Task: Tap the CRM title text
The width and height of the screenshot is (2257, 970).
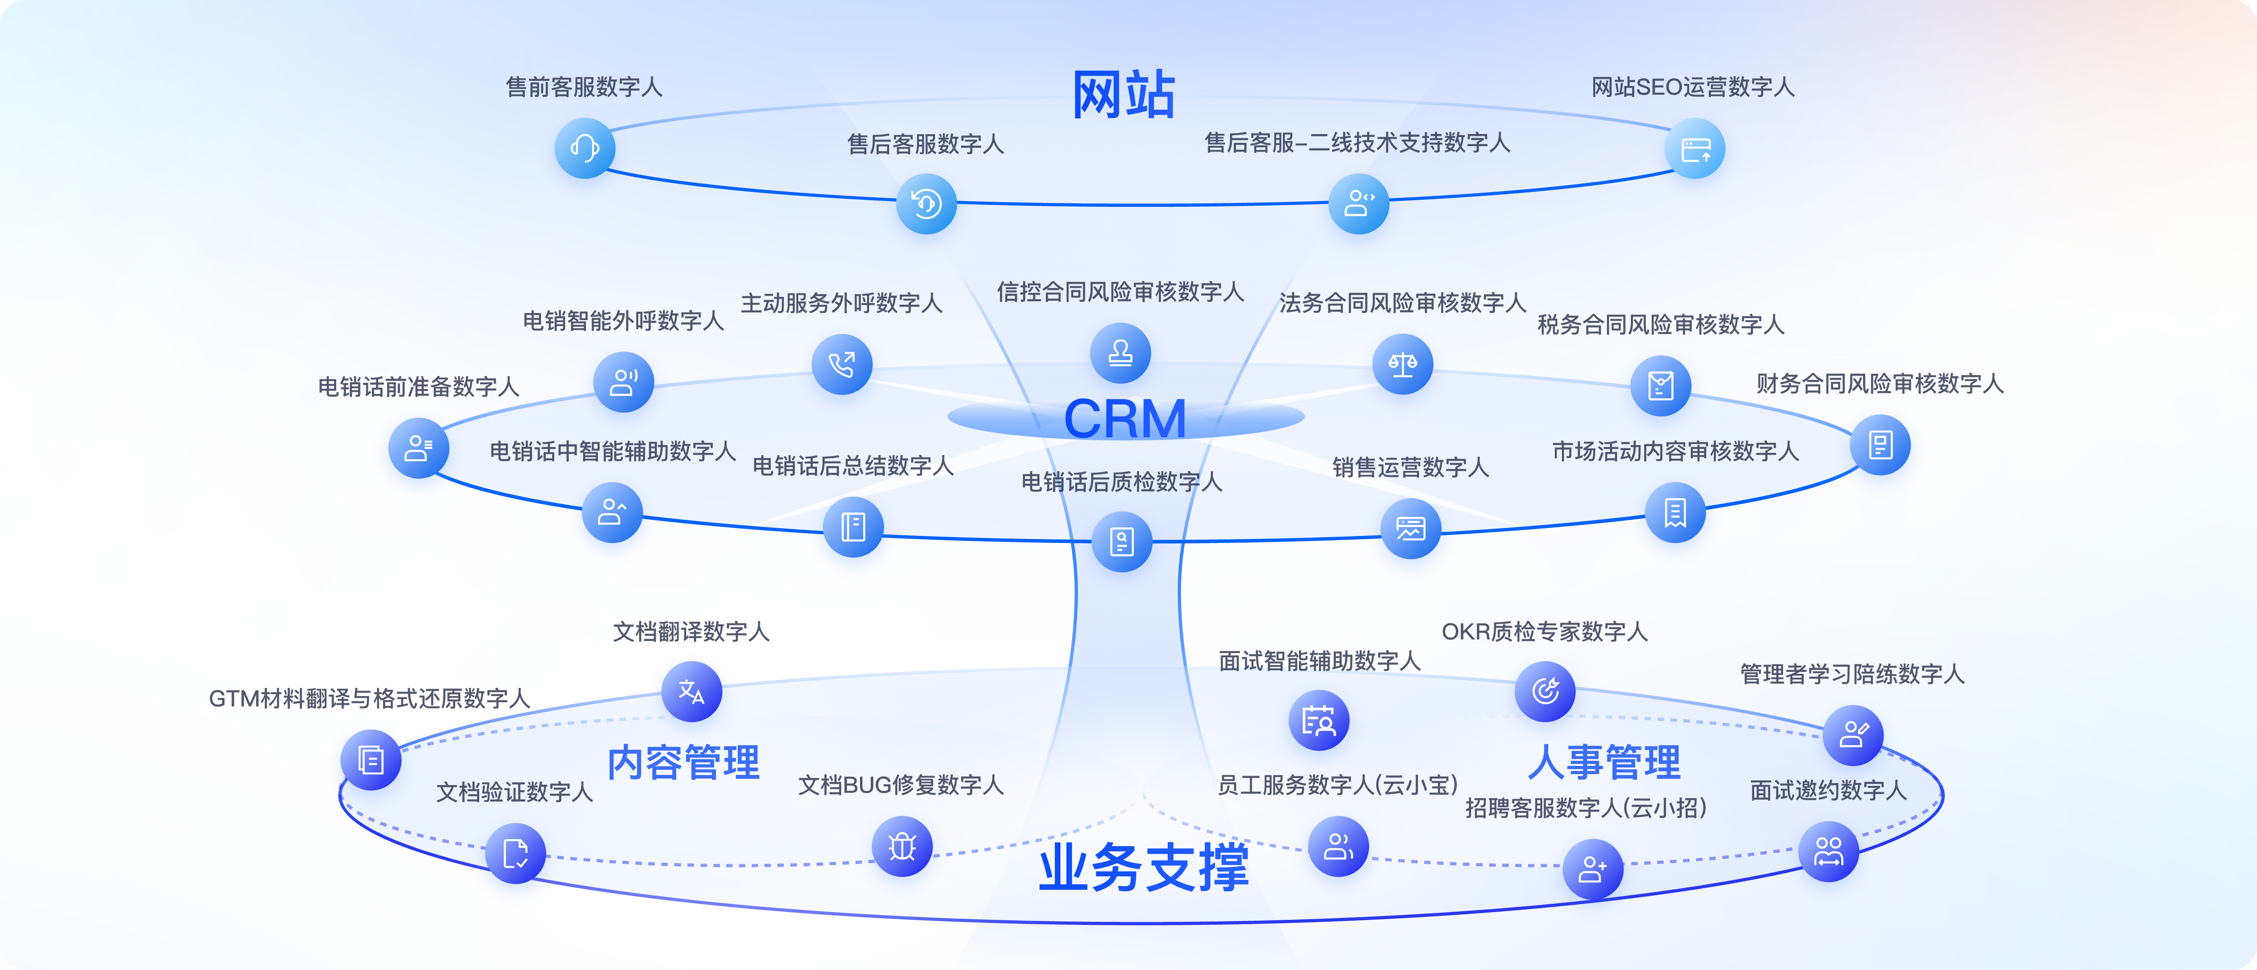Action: (1125, 419)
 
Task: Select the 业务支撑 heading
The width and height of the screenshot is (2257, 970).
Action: (1143, 867)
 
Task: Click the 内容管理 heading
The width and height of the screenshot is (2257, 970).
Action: (683, 762)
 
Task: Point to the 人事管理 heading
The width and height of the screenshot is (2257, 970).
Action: (1604, 762)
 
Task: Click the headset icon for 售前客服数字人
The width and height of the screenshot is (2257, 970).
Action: (584, 148)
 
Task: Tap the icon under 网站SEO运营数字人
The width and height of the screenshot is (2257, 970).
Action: (1694, 149)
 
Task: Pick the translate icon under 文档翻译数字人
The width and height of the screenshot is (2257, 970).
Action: (691, 691)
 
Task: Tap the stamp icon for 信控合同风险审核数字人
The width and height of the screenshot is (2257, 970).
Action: (1120, 353)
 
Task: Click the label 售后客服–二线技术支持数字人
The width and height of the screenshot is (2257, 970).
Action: (1357, 143)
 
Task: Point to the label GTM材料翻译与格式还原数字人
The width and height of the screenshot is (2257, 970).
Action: (369, 699)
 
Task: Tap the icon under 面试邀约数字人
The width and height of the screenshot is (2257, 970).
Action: (1829, 851)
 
